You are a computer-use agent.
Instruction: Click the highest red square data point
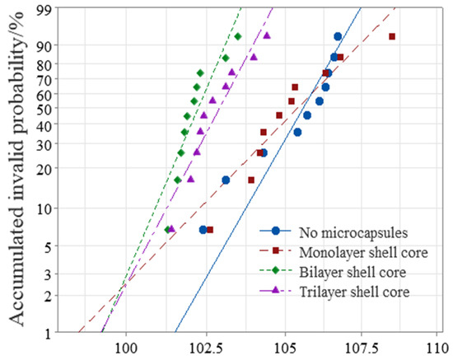tap(392, 36)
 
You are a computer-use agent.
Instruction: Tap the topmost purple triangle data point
tap(267, 35)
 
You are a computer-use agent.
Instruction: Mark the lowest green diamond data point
tap(168, 230)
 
